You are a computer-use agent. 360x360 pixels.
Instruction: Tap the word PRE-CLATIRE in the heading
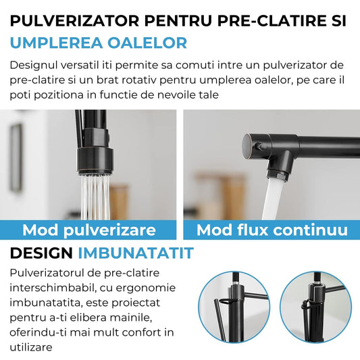click(267, 20)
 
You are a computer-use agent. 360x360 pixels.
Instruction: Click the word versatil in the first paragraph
click(86, 66)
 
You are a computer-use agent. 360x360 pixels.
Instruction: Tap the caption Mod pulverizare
click(89, 230)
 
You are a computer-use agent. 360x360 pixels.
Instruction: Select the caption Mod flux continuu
click(272, 230)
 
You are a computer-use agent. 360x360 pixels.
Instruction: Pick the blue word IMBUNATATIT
click(136, 254)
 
